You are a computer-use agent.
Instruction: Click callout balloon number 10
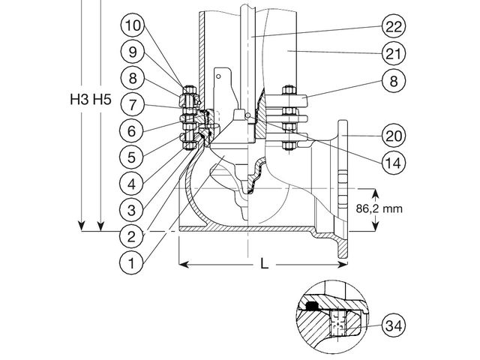pos(133,25)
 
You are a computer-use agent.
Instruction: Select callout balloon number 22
pos(394,27)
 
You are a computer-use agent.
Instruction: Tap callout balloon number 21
pos(394,53)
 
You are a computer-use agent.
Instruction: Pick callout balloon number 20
pos(394,136)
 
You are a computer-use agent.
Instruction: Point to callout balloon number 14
pos(394,163)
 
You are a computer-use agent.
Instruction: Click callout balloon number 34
pos(394,325)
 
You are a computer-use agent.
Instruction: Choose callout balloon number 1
pos(131,262)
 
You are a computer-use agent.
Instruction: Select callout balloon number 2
pos(131,236)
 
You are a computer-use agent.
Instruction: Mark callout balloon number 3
pos(131,210)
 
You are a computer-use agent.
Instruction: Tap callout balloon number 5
pos(131,157)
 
